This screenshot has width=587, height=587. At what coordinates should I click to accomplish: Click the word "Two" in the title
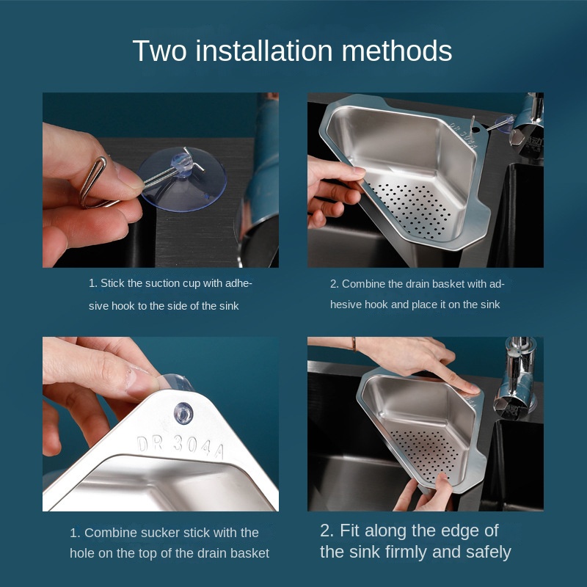click(x=159, y=51)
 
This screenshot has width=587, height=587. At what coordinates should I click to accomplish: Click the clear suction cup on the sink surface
click(x=183, y=179)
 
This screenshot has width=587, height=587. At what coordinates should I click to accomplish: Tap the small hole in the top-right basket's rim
click(x=475, y=130)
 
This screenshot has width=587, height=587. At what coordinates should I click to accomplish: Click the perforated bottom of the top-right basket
click(x=412, y=210)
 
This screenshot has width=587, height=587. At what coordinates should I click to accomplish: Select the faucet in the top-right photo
click(x=527, y=123)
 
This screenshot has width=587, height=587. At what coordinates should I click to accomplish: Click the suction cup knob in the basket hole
click(x=183, y=413)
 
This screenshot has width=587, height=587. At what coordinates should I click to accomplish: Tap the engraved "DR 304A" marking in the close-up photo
click(x=181, y=446)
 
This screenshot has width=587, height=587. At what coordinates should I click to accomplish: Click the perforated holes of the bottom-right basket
click(x=426, y=455)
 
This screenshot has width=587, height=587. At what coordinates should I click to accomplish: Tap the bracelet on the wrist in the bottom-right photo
click(x=354, y=344)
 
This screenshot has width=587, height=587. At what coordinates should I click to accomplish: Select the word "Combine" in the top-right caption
click(x=363, y=284)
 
